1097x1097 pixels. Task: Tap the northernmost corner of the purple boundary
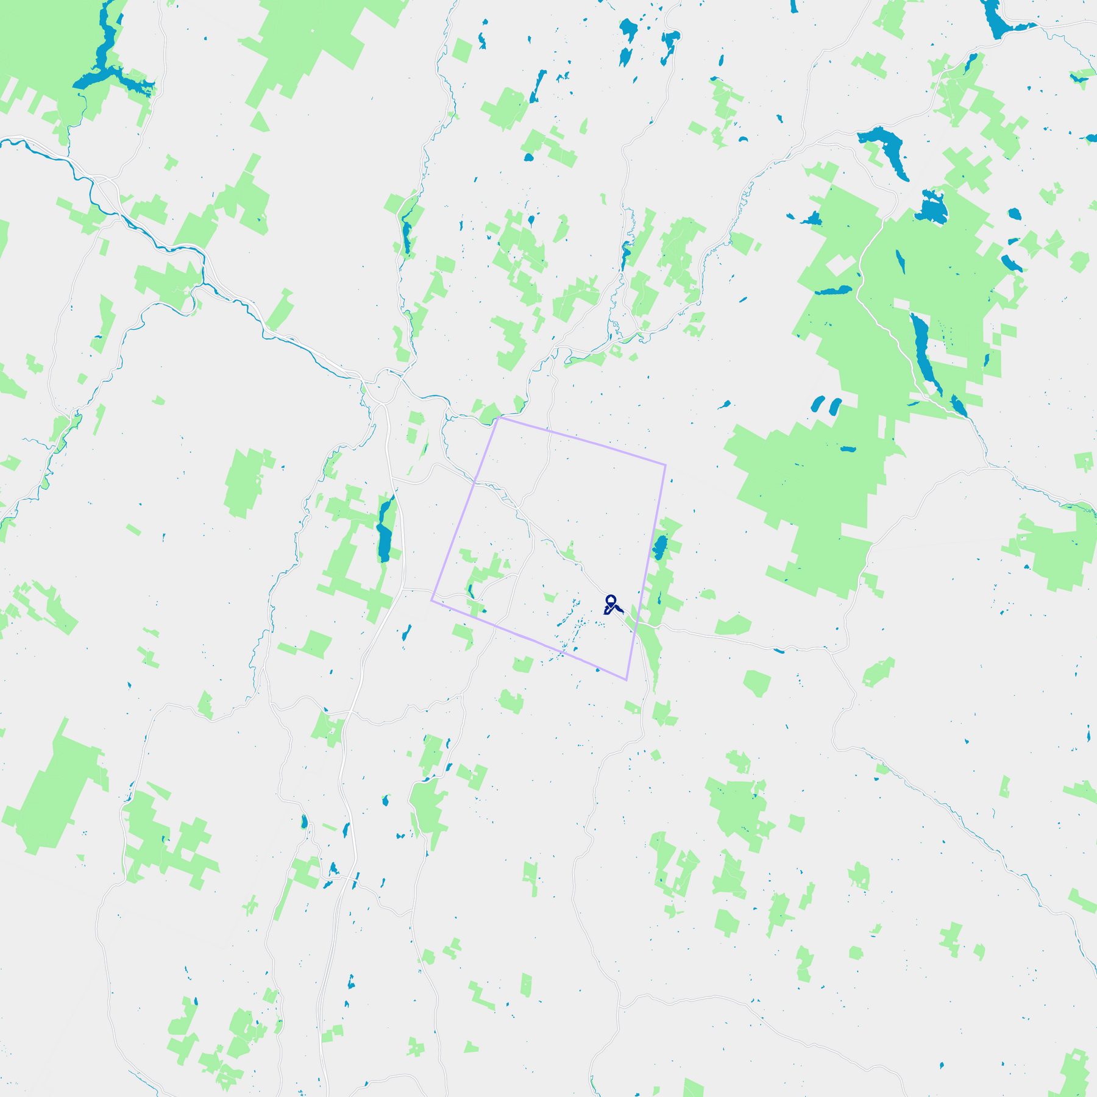coord(499,417)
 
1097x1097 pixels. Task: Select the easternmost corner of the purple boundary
coord(666,465)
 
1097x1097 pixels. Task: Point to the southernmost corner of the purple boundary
coord(627,680)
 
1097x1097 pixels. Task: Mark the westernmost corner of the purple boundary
coord(431,600)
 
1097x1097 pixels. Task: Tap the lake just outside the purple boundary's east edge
coord(660,547)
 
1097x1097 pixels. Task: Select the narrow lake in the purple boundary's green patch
coord(470,590)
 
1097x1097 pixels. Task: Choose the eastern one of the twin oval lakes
coord(835,406)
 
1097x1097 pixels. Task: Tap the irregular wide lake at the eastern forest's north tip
coord(931,208)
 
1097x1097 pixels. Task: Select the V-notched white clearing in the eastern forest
coord(842,266)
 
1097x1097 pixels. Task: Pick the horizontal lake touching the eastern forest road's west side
coord(834,291)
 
